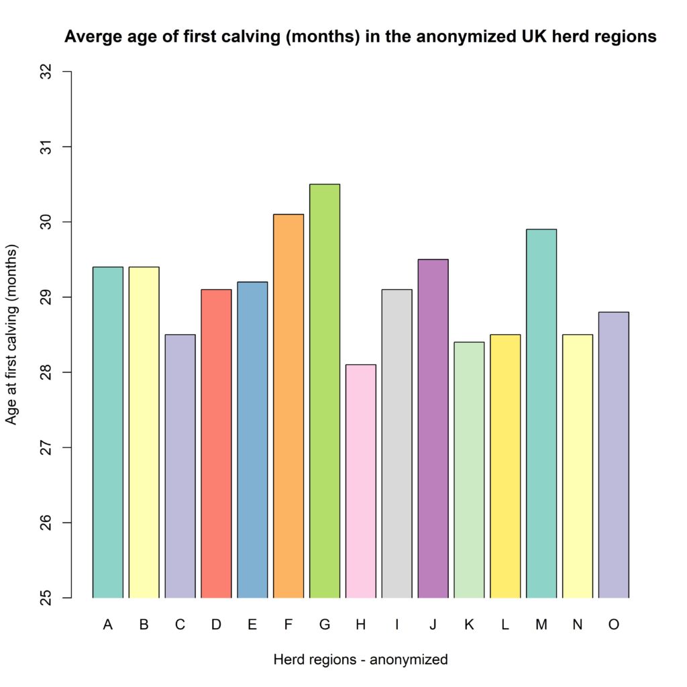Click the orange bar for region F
pos(288,406)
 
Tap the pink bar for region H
pos(361,481)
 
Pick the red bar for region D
pos(216,443)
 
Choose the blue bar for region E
pos(252,439)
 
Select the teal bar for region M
pos(541,413)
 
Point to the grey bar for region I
pos(397,443)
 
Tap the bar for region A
pos(107,432)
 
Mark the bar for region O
pos(613,455)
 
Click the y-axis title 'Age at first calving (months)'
pos(12,334)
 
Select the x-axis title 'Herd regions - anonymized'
pos(360,659)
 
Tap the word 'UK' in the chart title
pos(519,38)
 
